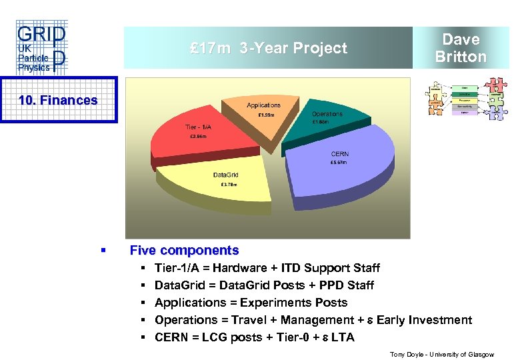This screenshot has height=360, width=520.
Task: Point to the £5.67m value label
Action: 339,163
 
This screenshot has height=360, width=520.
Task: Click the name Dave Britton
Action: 461,48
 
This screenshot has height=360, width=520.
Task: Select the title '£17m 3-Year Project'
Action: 268,48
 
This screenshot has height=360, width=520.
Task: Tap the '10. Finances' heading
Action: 58,100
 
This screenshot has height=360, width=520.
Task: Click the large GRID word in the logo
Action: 40,34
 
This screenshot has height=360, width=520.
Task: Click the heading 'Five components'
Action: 184,251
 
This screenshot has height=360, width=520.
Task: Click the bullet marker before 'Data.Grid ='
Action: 143,285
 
